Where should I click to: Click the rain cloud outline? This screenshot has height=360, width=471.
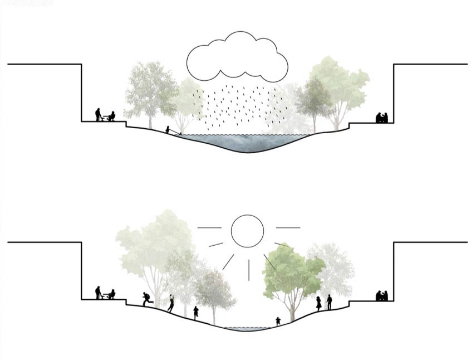237,56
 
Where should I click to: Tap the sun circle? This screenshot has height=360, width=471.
247,231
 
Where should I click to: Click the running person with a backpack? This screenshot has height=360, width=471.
147,299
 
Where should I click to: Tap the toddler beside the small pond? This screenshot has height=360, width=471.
278,321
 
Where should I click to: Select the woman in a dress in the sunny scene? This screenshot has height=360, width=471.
319,303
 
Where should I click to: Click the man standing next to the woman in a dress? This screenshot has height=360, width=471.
329,302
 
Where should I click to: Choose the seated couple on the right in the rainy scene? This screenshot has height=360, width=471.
382,118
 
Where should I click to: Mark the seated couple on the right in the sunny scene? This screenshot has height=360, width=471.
382,295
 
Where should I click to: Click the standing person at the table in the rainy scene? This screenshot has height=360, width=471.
99,114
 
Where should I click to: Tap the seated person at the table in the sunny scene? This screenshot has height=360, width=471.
111,294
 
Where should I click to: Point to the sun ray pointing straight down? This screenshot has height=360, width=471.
248,270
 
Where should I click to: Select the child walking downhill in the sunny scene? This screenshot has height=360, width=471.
196,312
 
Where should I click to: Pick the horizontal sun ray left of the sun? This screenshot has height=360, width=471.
209,227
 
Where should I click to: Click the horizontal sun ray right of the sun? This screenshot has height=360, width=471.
288,227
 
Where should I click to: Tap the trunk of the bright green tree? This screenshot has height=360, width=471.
291,309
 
